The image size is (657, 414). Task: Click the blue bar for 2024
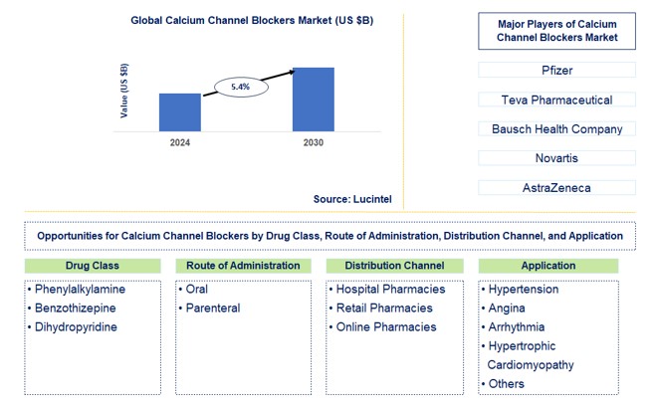(x=179, y=111)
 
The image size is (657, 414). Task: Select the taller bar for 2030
(x=313, y=99)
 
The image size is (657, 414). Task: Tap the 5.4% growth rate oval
(x=240, y=88)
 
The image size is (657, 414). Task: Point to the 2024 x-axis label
(x=179, y=143)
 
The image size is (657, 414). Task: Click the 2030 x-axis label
(x=313, y=143)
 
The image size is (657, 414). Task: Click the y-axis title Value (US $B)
(x=124, y=91)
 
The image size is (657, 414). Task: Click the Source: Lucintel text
(x=351, y=199)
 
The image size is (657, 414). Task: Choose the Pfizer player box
(x=556, y=71)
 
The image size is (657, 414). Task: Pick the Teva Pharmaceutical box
(x=556, y=100)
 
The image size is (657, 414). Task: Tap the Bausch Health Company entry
(x=556, y=129)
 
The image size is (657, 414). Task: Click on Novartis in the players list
(x=556, y=158)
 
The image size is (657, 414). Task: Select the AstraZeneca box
(x=556, y=188)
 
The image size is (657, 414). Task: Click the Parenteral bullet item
(x=212, y=308)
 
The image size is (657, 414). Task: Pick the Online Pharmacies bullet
(x=384, y=326)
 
